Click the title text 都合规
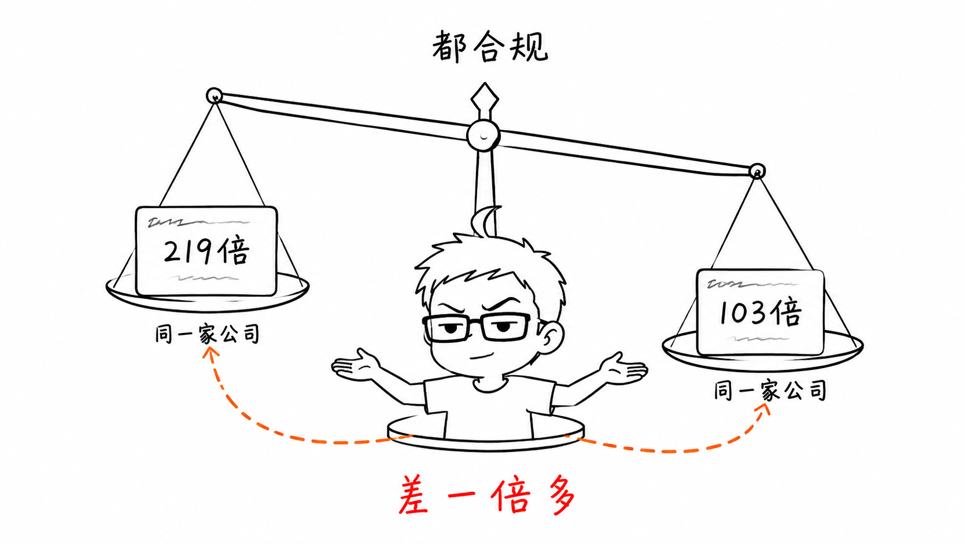490,46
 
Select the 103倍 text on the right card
760,312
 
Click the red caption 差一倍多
486,495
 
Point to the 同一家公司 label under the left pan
207,334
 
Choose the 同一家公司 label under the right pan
770,390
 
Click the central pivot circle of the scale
484,135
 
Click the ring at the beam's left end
214,96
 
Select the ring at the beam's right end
756,172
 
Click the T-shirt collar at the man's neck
489,385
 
